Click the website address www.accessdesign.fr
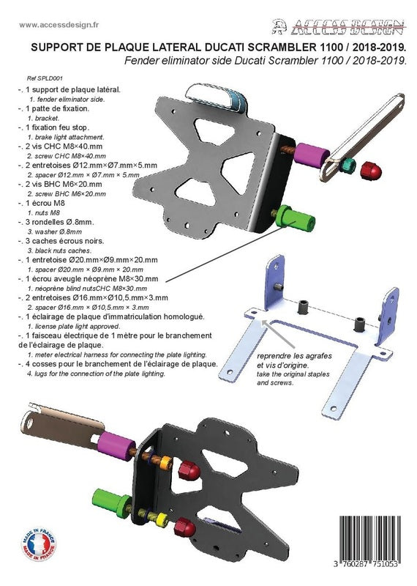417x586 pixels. [59, 25]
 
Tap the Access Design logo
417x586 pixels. [339, 27]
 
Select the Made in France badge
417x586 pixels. [39, 544]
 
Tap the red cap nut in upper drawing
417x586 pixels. [371, 171]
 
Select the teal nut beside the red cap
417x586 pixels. [347, 166]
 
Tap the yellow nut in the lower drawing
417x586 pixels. [161, 519]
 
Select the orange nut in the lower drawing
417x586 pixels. [166, 463]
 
